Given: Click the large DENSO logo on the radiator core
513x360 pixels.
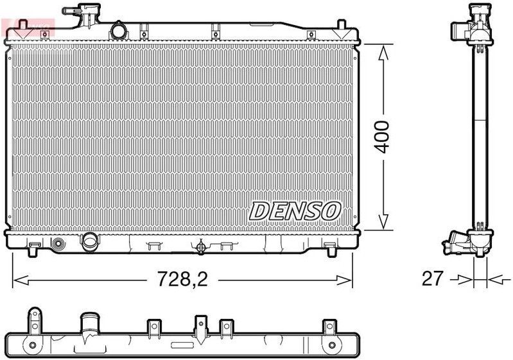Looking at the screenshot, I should pyautogui.click(x=295, y=210).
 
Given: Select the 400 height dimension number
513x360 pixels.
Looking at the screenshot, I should pyautogui.click(x=382, y=136).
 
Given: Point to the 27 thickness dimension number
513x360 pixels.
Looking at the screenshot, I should pyautogui.click(x=431, y=279).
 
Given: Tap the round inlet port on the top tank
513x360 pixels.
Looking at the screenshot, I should pyautogui.click(x=118, y=30).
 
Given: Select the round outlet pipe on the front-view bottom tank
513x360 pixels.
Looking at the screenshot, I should pyautogui.click(x=89, y=242).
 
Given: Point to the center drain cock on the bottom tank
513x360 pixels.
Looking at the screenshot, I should pyautogui.click(x=201, y=246).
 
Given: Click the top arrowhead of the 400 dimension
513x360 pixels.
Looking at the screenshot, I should pyautogui.click(x=383, y=52).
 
